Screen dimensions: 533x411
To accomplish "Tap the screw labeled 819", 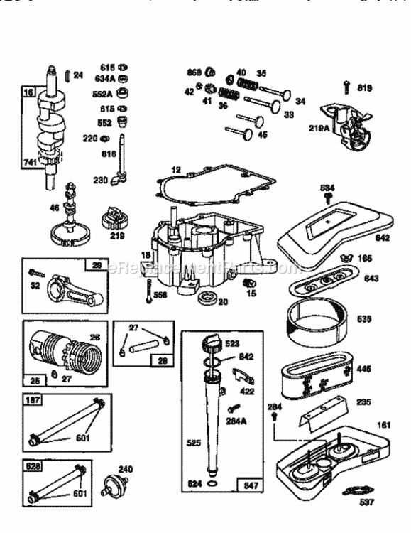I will pos(346,86).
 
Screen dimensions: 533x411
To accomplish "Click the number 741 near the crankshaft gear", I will pos(30,163).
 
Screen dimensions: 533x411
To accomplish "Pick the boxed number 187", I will pos(31,402).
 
